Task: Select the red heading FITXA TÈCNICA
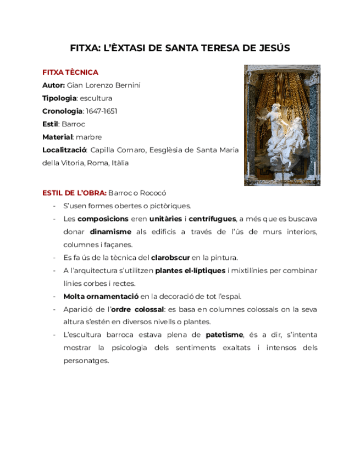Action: coord(70,73)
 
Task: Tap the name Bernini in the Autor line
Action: coord(128,86)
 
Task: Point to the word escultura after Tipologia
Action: coord(96,98)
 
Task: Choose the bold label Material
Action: coord(57,137)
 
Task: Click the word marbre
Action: coord(90,137)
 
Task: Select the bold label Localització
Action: coord(64,150)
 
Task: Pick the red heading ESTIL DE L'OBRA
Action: coord(74,193)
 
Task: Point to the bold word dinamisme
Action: coord(110,232)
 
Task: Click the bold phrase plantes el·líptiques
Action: coord(190,270)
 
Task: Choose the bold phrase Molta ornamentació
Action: coord(101,296)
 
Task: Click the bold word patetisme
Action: coord(224,335)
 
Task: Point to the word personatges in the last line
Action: coord(86,360)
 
